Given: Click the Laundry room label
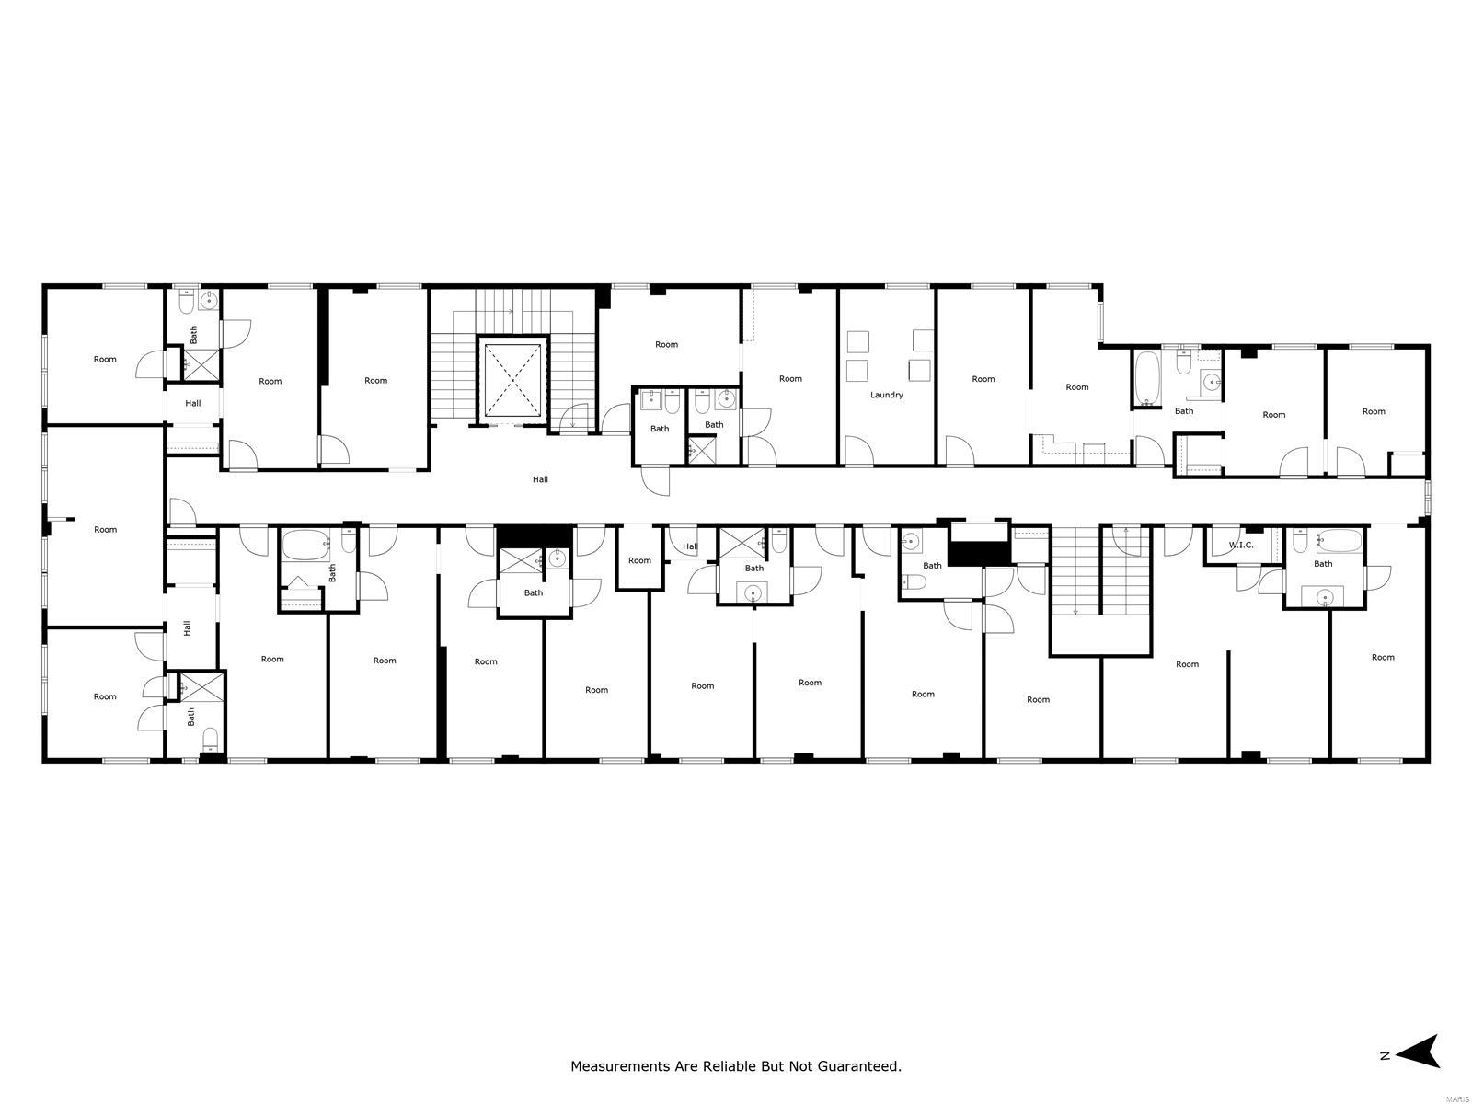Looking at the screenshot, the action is click(x=886, y=395).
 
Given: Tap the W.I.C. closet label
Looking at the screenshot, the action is click(x=1241, y=545).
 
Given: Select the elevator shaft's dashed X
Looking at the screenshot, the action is click(x=512, y=379).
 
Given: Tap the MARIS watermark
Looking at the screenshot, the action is click(x=1455, y=1098).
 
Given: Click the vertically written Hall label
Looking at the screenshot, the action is click(x=187, y=628).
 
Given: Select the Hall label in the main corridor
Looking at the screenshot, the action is click(x=540, y=479).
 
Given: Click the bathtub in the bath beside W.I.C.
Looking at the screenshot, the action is click(x=1339, y=540).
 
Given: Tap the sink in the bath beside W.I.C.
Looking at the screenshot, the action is click(x=1322, y=596).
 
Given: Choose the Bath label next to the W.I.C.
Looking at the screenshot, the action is click(x=1322, y=564).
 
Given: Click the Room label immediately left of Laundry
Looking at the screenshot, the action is click(x=790, y=379).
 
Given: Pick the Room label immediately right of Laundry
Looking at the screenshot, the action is click(x=983, y=379).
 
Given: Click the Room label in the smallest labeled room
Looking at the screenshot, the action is click(x=639, y=560).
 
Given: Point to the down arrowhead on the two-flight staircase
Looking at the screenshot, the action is click(x=1075, y=611).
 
